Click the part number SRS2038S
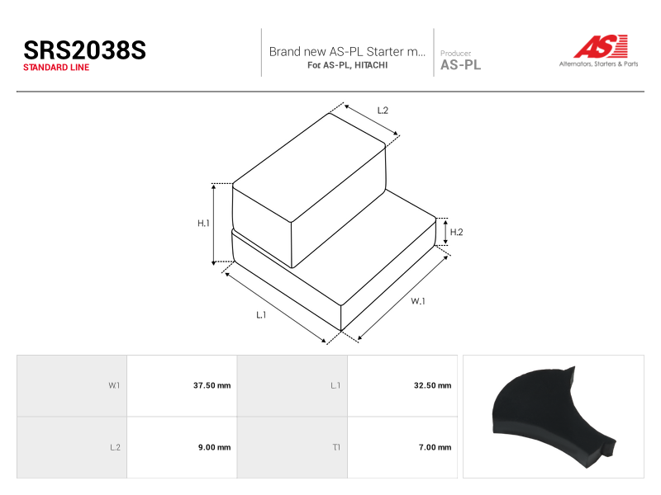(x=85, y=50)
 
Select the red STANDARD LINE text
(x=56, y=68)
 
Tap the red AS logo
(x=601, y=46)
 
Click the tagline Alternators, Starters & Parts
(x=598, y=64)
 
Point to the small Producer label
(x=456, y=53)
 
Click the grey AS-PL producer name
(x=460, y=65)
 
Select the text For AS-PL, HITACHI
(x=347, y=65)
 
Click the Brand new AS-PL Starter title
(x=347, y=51)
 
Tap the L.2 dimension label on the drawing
(x=383, y=111)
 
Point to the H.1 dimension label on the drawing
(x=203, y=223)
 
